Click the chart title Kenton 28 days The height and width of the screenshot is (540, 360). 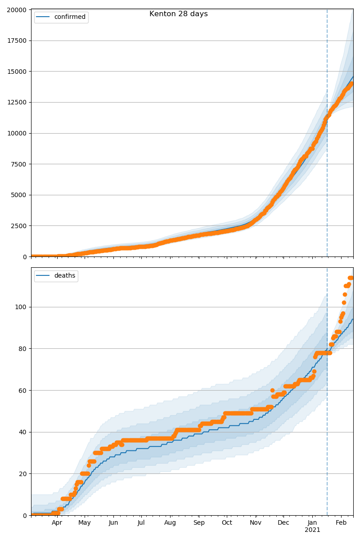(x=179, y=14)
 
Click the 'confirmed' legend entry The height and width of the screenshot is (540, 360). (x=61, y=17)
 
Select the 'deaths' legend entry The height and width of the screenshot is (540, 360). (x=56, y=275)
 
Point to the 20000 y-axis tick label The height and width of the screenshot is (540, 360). (x=17, y=10)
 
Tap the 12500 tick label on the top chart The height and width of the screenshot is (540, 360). (x=17, y=103)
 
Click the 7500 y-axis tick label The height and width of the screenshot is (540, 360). (x=18, y=164)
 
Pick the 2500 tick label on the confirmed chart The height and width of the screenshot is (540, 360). (x=18, y=226)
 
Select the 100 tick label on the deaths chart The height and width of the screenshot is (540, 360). (x=21, y=307)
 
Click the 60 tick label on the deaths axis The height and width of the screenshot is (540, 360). (x=22, y=390)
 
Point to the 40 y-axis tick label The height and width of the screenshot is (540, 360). (x=22, y=432)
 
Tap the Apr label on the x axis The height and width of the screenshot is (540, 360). (x=57, y=522)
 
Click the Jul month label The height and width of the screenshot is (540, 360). (x=141, y=522)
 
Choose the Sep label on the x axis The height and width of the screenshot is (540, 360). (x=199, y=522)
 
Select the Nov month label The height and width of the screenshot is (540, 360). (x=256, y=522)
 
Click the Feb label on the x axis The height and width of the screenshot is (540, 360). (x=341, y=522)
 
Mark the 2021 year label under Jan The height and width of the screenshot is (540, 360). (x=312, y=530)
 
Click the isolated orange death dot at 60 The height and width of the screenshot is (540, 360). (x=272, y=390)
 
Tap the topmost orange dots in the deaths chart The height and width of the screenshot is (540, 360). (x=351, y=278)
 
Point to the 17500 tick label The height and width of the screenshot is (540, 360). (x=17, y=41)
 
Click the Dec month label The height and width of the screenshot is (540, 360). (x=283, y=522)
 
